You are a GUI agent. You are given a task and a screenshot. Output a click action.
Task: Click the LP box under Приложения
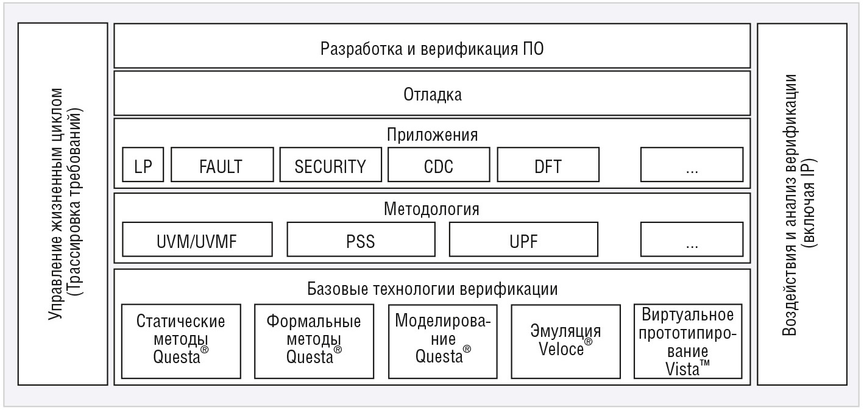coord(143,164)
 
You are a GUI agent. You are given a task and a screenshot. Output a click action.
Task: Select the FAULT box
coord(222,164)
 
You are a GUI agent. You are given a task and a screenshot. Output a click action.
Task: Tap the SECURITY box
coord(331,164)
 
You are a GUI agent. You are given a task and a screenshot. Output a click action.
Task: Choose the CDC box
coord(439,164)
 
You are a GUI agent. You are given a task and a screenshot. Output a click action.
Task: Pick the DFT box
coord(548,164)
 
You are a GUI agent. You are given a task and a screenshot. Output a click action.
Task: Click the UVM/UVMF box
coord(197,239)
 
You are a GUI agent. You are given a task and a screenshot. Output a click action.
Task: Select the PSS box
coord(361,239)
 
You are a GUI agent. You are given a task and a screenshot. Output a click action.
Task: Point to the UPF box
coord(524,239)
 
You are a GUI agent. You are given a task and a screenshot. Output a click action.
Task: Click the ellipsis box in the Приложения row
coord(692,164)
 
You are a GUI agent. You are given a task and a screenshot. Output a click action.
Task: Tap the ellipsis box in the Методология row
coord(692,239)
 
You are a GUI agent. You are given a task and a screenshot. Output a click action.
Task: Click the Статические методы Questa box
coord(182,341)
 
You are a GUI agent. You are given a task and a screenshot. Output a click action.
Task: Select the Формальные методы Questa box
coord(314,341)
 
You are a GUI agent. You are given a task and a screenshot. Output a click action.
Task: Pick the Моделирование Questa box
coord(443,341)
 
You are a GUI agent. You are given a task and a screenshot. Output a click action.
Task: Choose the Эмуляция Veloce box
coord(566,341)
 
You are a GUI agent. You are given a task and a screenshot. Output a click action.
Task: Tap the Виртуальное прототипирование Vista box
coord(688,341)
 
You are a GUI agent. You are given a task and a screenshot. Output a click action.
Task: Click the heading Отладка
coord(433,94)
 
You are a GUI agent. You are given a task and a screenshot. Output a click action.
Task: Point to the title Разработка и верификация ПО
coord(432,49)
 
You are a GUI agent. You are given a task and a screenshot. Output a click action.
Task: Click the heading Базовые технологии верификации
coord(433,289)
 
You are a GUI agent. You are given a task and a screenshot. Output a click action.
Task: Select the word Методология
coord(431,209)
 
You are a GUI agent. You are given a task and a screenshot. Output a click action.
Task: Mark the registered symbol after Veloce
coord(588,342)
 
